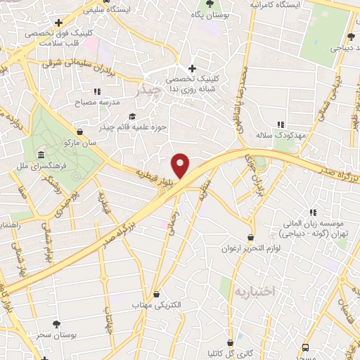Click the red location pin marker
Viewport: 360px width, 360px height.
181,165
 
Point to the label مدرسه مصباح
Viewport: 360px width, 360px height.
96,102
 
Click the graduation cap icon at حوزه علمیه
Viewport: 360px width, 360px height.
131,117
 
